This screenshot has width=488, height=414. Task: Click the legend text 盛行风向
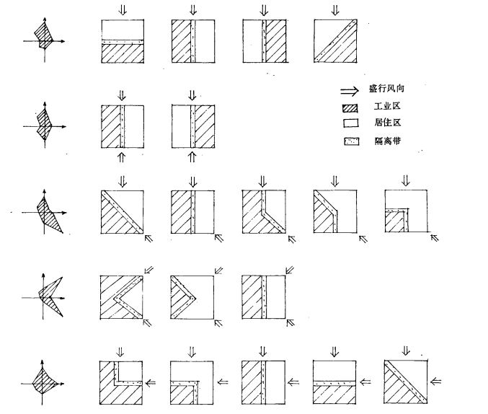[386, 91]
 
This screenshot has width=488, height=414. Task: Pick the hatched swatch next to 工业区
[350, 107]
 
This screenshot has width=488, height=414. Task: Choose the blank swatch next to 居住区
[350, 124]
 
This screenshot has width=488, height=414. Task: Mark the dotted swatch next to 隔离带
[350, 141]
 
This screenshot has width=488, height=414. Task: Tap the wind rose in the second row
[45, 125]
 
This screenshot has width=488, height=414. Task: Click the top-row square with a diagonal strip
[336, 42]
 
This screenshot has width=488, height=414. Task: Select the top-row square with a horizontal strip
[121, 42]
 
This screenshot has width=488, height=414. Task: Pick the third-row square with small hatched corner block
[407, 211]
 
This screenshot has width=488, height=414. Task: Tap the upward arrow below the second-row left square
[121, 156]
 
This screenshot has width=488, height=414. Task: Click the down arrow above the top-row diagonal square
[335, 10]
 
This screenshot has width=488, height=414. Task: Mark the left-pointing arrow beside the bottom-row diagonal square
[436, 382]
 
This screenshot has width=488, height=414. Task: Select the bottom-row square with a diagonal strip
[406, 382]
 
